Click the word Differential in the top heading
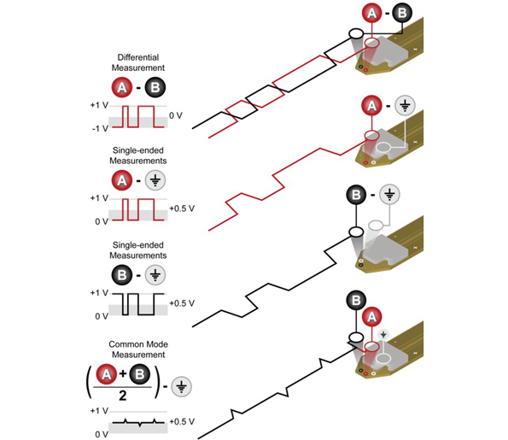point(138,57)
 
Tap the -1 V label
point(100,129)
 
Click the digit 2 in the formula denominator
point(122,396)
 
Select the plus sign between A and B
point(123,374)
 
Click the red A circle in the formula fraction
point(106,374)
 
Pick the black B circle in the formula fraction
point(140,374)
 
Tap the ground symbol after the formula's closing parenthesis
point(181,386)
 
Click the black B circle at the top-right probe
point(402,13)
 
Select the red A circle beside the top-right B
point(372,13)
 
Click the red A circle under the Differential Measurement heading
point(122,87)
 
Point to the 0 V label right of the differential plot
point(176,115)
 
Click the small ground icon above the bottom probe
point(383,334)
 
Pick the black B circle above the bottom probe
point(356,300)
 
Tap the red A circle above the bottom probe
point(372,316)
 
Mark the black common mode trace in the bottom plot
point(138,423)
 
